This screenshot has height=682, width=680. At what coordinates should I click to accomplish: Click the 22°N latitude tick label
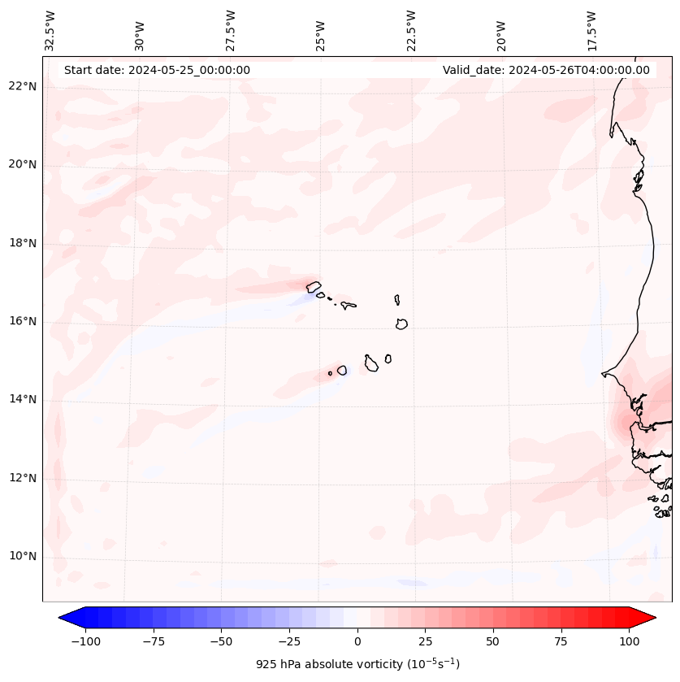[23, 87]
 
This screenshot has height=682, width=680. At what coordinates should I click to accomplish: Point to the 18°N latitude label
[23, 244]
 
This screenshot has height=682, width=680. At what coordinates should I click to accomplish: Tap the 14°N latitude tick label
[23, 399]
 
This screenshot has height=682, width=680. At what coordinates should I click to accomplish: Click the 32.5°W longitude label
[50, 31]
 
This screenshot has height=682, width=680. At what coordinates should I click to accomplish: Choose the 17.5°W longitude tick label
[591, 31]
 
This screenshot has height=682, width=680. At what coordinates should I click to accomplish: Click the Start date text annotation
[157, 70]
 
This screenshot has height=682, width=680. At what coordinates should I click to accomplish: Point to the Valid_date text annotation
[546, 70]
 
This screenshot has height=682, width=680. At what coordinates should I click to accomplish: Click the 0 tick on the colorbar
[357, 641]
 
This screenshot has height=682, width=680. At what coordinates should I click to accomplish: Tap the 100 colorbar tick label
[629, 641]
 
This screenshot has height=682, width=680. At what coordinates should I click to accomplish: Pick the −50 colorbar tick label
[222, 641]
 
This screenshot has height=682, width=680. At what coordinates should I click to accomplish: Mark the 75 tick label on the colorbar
[561, 641]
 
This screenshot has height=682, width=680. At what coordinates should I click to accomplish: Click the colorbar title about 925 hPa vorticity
[357, 664]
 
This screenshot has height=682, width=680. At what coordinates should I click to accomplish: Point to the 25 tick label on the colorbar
[425, 641]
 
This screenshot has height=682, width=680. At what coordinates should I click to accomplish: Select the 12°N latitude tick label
[23, 478]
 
